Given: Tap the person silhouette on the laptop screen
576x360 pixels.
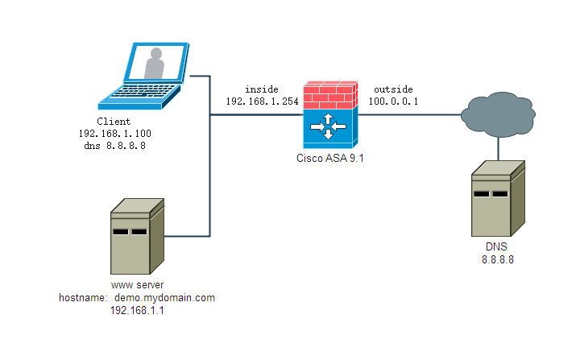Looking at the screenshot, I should pos(155,63).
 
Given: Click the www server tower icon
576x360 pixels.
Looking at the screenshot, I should pos(137,237).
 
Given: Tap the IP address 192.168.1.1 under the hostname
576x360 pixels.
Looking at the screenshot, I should pos(137,310).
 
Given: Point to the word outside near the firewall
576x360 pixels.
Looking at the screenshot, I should pos(392,89).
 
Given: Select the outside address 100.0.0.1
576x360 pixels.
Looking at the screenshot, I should pos(392,101).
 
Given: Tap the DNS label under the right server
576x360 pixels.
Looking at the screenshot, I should pos(497,247).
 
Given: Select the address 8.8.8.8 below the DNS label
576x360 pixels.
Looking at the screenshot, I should pos(497,259).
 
